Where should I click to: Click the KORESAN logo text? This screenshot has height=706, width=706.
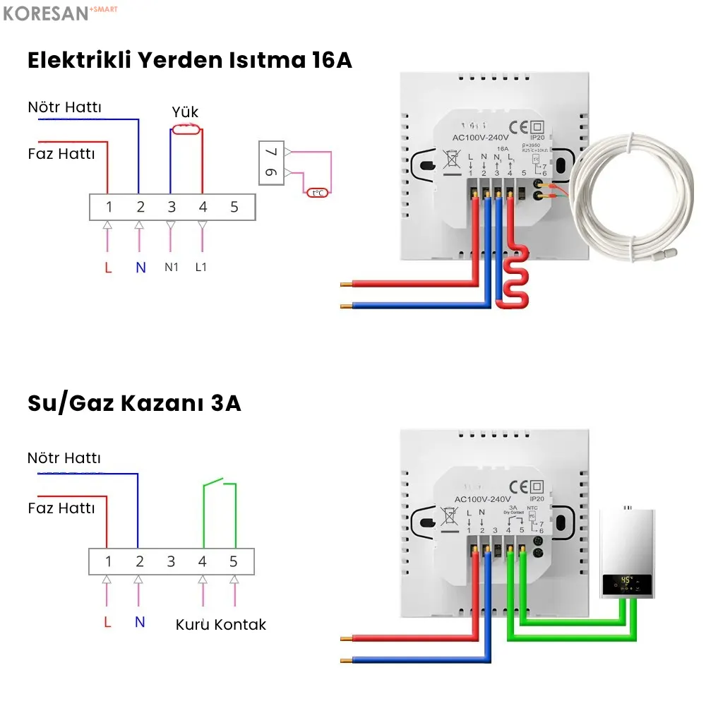pos(46,13)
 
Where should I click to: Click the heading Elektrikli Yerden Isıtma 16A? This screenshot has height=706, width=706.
pos(189,61)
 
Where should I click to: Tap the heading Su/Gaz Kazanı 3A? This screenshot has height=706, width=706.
pos(134,404)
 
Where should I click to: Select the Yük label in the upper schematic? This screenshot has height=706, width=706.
pos(185,113)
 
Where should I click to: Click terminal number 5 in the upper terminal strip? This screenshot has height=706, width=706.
pos(234,208)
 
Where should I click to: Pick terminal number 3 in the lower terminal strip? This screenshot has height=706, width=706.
pos(171,562)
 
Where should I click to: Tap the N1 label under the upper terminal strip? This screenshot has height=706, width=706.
pos(172,268)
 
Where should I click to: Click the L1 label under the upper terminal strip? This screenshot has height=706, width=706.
pos(202,268)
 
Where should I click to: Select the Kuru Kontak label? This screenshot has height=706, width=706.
pos(221,625)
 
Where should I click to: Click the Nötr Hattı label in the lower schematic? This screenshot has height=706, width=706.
pos(64,458)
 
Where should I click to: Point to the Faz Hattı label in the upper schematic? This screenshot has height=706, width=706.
pos(61,153)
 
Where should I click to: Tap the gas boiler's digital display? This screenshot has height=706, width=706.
pos(626,582)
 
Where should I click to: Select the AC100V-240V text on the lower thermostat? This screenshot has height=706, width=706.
pos(483,499)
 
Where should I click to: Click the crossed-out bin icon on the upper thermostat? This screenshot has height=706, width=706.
pos(449,160)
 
